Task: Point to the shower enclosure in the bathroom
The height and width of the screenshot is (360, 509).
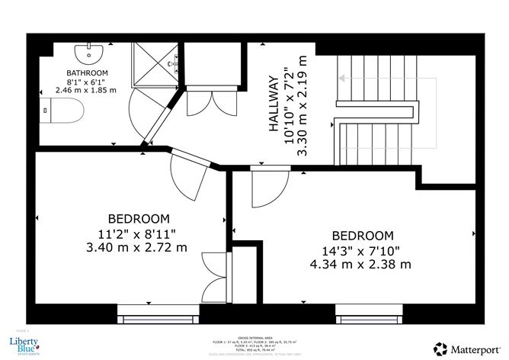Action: (x=156, y=64)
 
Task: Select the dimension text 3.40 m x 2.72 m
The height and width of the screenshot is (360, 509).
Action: (x=137, y=248)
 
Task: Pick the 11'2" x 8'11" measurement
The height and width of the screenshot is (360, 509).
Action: (x=138, y=233)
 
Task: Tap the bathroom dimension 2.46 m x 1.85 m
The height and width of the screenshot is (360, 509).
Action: (x=85, y=89)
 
